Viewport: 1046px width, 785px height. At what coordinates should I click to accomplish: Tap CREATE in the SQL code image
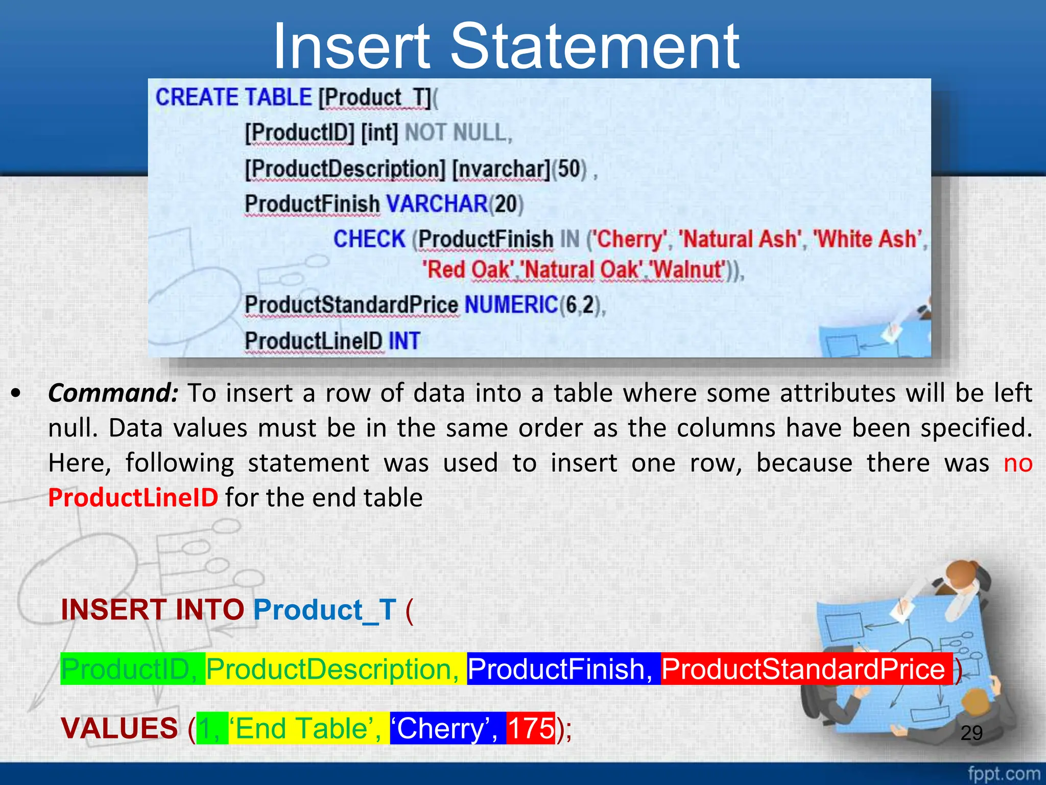(x=197, y=97)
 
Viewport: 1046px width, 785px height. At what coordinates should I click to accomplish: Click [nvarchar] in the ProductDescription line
(x=501, y=169)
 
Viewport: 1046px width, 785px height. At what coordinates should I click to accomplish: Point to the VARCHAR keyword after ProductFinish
(x=437, y=204)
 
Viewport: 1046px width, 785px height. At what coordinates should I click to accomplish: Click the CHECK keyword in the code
(x=369, y=239)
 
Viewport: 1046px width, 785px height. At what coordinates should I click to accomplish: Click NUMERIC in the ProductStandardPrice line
(x=511, y=305)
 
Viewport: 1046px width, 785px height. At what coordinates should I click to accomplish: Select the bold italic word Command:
(x=113, y=393)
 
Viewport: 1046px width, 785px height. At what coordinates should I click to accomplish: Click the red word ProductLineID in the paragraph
(x=133, y=497)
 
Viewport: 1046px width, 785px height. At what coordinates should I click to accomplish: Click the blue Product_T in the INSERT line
(x=325, y=610)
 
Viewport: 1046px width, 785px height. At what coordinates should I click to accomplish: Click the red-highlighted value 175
(x=531, y=728)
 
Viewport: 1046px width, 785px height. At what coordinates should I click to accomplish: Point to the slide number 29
(x=971, y=733)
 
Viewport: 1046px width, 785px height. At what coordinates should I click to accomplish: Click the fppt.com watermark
(x=1004, y=774)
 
